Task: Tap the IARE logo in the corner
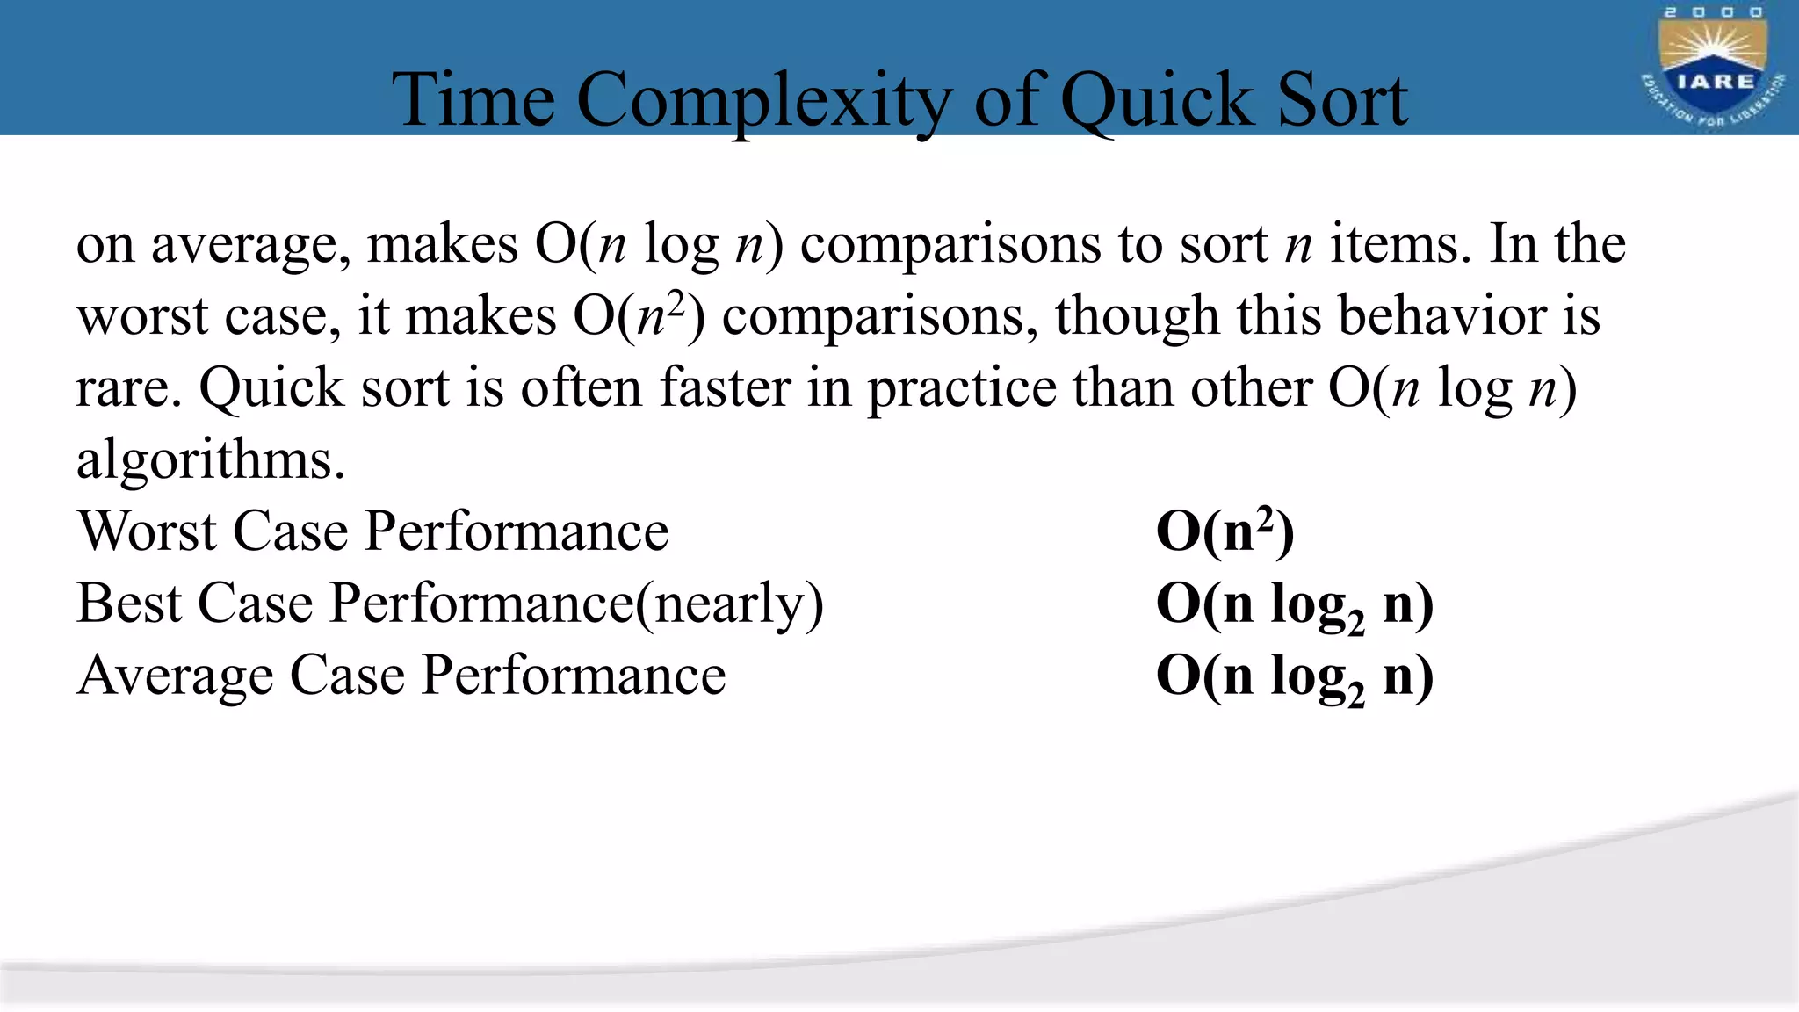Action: coord(1713,69)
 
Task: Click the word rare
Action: coord(128,388)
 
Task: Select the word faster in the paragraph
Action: coord(725,387)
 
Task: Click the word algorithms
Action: coord(211,459)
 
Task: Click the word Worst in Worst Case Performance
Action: coord(147,531)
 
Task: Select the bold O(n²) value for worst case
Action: coord(1225,531)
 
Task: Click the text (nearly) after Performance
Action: coord(729,604)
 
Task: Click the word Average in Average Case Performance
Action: coord(175,676)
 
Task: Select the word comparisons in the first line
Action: coord(950,245)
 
